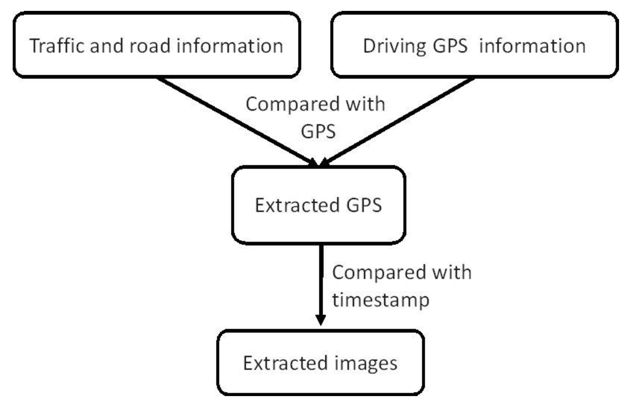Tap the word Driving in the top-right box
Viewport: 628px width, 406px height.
[x=394, y=46]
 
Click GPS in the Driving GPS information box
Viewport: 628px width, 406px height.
[x=450, y=46]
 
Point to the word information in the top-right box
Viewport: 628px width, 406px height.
[x=532, y=46]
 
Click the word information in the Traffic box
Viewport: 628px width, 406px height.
[x=230, y=46]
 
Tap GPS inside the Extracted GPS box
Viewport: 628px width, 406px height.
[x=364, y=205]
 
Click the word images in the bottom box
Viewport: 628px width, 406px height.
[x=366, y=363]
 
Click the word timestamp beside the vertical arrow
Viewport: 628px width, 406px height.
[x=380, y=300]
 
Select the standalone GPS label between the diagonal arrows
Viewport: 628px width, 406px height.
[x=318, y=131]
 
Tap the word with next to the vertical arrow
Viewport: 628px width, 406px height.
[x=452, y=272]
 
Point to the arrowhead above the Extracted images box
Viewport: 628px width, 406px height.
[x=321, y=319]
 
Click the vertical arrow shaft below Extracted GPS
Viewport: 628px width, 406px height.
[x=321, y=278]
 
